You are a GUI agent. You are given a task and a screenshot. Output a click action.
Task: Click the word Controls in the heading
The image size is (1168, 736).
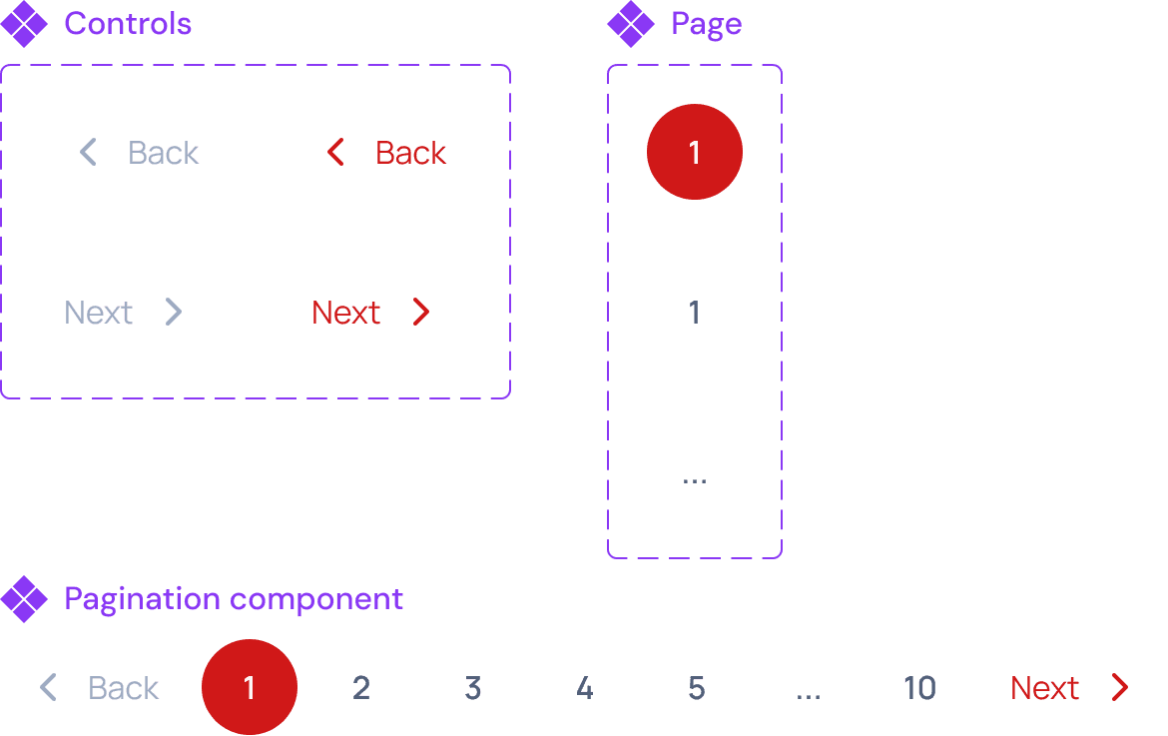[128, 24]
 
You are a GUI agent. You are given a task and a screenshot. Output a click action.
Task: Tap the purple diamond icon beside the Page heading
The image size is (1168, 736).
[630, 24]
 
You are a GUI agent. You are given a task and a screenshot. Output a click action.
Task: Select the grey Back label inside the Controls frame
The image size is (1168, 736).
[164, 153]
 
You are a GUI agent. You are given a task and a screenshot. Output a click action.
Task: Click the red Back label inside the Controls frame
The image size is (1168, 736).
[410, 153]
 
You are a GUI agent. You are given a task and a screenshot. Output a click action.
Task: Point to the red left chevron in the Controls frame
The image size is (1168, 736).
[335, 153]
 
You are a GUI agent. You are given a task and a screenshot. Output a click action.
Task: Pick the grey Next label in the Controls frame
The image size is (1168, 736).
[98, 313]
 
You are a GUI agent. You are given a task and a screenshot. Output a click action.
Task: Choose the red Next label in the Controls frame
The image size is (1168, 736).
[345, 313]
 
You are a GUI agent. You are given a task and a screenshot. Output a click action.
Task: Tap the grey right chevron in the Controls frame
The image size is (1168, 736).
[174, 313]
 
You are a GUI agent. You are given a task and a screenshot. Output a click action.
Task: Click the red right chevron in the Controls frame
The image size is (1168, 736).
[421, 313]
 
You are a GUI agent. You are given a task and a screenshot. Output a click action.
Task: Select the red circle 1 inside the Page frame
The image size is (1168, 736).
[695, 152]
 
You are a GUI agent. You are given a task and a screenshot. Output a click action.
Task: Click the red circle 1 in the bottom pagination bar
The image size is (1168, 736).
[250, 687]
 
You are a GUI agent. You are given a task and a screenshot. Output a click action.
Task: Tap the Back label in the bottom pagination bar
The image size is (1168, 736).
[124, 688]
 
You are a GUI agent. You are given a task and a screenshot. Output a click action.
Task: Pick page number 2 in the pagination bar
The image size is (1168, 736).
[361, 687]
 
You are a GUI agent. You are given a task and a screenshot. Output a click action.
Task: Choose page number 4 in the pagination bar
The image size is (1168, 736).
[585, 687]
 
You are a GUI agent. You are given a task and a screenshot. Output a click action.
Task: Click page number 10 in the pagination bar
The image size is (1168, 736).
[919, 687]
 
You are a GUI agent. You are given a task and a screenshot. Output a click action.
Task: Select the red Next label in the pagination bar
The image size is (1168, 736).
[1044, 688]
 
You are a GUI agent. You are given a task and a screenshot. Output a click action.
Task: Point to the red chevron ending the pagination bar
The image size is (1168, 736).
[1120, 687]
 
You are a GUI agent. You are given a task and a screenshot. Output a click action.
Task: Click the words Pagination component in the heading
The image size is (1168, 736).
[233, 599]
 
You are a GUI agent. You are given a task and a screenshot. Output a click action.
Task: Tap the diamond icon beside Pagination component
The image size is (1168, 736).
[24, 599]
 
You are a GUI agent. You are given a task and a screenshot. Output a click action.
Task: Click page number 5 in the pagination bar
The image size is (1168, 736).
[697, 687]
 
